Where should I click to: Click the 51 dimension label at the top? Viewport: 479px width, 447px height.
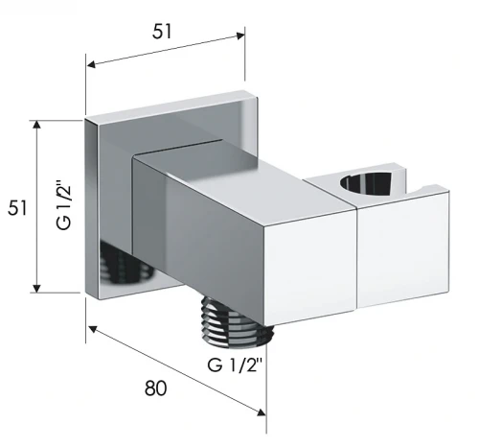pyautogui.click(x=162, y=32)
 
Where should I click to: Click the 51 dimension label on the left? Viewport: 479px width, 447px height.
pyautogui.click(x=18, y=208)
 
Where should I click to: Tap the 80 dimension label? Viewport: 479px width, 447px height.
pyautogui.click(x=156, y=388)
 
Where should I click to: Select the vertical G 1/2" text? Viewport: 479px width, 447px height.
pyautogui.click(x=63, y=205)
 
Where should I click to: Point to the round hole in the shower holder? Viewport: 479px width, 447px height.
pyautogui.click(x=366, y=183)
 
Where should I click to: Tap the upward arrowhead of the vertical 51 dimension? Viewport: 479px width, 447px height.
pyautogui.click(x=37, y=125)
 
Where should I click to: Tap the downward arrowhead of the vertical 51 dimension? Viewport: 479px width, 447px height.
pyautogui.click(x=37, y=288)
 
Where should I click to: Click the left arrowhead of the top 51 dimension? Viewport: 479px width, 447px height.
pyautogui.click(x=91, y=64)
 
